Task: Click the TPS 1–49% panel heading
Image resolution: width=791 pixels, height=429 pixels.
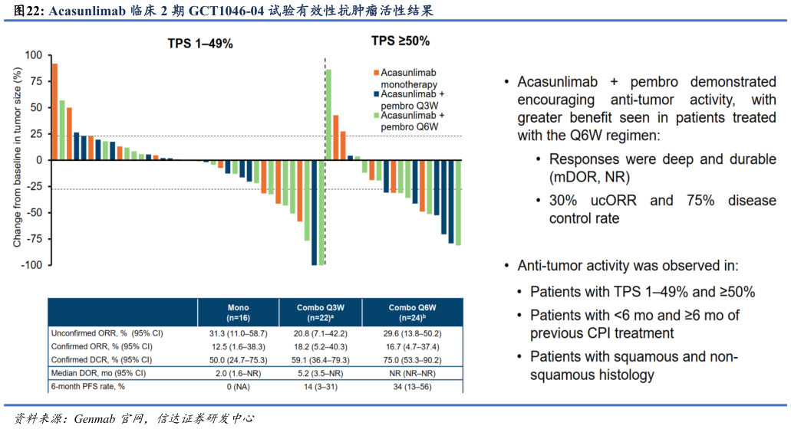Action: pyautogui.click(x=200, y=44)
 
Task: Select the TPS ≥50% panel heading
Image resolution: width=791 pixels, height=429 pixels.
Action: pyautogui.click(x=400, y=40)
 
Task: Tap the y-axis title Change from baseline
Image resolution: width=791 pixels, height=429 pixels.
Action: pyautogui.click(x=17, y=157)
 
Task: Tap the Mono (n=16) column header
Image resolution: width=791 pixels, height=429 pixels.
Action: pyautogui.click(x=238, y=313)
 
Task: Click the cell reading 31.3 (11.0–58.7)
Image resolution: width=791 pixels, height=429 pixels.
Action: pyautogui.click(x=238, y=333)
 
